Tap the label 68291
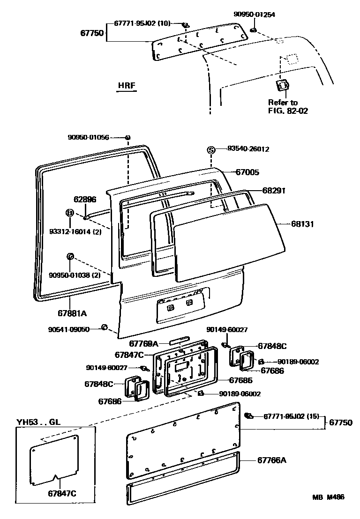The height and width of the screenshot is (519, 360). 274,191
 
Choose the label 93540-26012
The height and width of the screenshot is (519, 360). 248,149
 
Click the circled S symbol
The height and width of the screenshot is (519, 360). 211,150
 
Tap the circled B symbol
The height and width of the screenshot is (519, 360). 69,213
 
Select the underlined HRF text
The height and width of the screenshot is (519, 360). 127,86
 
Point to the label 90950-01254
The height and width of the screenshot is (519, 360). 254,15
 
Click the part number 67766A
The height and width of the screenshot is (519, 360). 271,460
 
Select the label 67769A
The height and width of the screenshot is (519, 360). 144,343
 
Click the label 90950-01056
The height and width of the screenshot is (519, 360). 88,137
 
